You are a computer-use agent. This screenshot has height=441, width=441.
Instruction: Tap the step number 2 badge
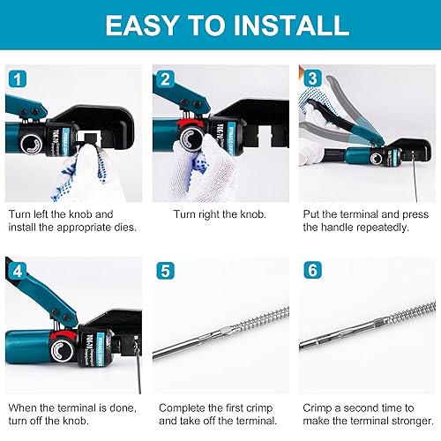[x=164, y=78]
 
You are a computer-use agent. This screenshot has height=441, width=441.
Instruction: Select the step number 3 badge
[x=310, y=78]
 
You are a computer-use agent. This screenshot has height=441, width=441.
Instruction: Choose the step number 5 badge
[x=164, y=271]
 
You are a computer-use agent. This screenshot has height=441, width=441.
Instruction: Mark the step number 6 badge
[x=310, y=271]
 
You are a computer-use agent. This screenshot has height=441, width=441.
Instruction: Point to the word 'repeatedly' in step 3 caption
[x=374, y=228]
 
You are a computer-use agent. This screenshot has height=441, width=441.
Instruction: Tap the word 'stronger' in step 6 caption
[x=398, y=422]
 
